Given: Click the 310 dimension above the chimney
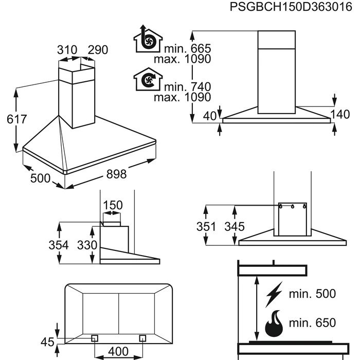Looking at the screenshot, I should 67,50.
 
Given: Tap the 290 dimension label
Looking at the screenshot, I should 98,50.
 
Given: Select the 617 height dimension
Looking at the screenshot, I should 11,119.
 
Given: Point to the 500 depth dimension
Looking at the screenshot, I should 41,178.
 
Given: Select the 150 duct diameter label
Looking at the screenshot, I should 113,206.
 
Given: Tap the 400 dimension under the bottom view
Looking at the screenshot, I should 119,351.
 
